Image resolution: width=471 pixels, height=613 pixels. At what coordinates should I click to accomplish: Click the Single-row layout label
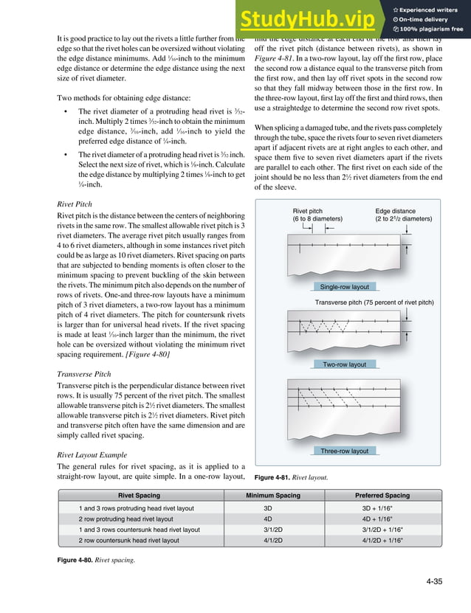click(345, 286)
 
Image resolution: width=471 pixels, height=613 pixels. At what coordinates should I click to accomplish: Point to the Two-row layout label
click(344, 364)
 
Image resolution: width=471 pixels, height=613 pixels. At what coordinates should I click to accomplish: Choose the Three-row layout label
click(345, 451)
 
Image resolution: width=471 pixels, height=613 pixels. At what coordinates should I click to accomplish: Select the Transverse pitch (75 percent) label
click(374, 302)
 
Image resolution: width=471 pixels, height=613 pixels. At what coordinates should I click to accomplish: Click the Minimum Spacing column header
click(272, 496)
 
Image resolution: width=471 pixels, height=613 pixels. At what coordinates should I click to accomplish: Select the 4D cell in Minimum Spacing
click(267, 519)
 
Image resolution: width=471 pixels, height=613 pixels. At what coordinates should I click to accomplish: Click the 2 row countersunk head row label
click(128, 540)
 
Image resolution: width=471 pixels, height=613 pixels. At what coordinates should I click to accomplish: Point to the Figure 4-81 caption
click(291, 478)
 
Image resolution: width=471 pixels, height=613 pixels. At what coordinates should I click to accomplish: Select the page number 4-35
click(434, 582)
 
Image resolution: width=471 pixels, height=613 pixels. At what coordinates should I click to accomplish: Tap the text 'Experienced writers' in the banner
click(431, 8)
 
